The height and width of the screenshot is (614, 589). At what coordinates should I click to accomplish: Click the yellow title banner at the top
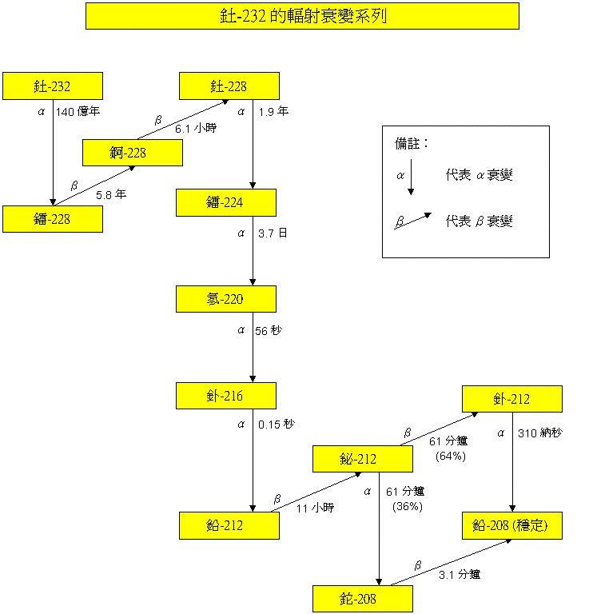(302, 16)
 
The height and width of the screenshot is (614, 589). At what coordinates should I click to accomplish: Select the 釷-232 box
(53, 86)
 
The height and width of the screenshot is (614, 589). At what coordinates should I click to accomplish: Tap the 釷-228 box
(229, 86)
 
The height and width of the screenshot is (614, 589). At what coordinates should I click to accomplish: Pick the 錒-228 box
(133, 153)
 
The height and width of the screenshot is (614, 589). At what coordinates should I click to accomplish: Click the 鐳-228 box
(53, 219)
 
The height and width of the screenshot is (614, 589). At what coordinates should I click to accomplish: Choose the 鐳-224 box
(226, 203)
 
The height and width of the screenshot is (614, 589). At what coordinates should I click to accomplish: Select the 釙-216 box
(226, 397)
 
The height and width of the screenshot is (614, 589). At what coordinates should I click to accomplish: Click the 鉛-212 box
(229, 526)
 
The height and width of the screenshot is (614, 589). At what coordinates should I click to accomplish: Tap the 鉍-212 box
(363, 460)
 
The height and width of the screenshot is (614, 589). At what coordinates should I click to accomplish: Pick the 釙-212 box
(511, 399)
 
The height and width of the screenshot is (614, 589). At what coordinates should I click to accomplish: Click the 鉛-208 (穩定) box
(511, 526)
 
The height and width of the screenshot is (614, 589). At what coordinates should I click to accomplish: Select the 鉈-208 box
(363, 599)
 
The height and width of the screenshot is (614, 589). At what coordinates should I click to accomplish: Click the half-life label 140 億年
(78, 112)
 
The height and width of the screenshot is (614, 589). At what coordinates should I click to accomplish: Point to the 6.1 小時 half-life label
(196, 128)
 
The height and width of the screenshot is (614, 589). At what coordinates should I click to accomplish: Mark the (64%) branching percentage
(451, 457)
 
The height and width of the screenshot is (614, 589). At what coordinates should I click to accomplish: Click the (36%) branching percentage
(408, 506)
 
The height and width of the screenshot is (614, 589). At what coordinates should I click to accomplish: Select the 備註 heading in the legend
(412, 144)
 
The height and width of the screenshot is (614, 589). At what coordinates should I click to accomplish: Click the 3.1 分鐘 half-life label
(460, 574)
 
